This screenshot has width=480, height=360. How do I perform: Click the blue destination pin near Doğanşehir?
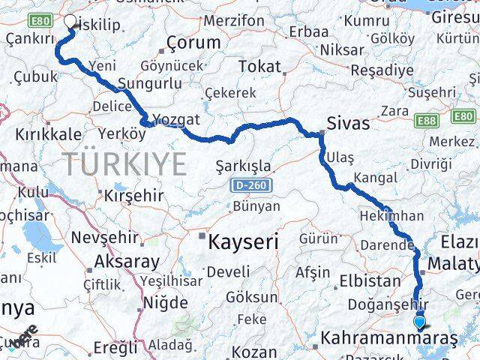point(419,322)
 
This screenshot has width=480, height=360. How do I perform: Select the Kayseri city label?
point(243,241)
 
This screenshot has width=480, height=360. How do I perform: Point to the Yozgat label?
point(175,119)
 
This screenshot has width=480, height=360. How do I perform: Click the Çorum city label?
point(193,43)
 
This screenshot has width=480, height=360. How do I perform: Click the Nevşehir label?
point(104,238)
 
